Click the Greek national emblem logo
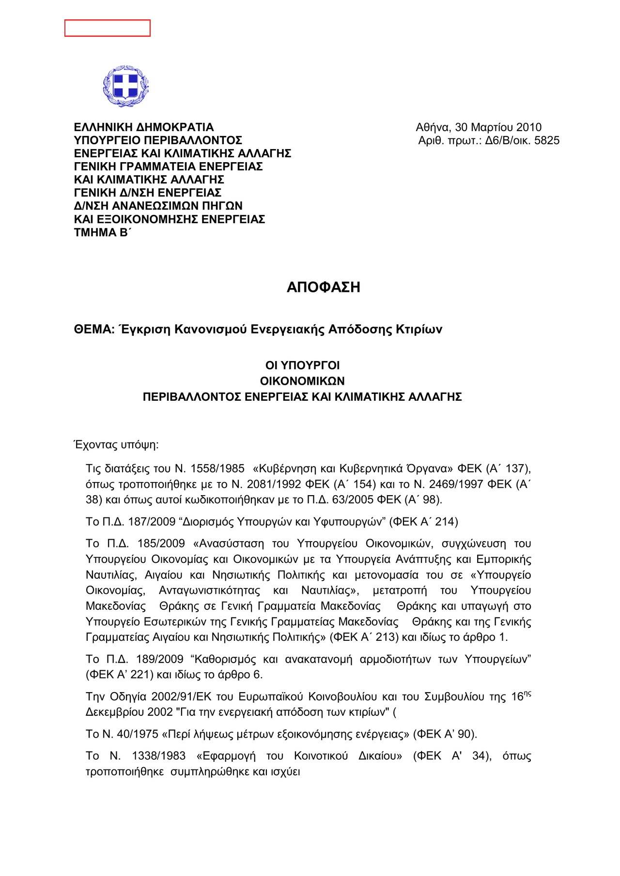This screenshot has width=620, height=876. click(x=126, y=86)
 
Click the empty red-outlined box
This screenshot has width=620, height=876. click(x=108, y=28)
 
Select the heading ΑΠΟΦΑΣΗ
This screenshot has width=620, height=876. click(x=323, y=287)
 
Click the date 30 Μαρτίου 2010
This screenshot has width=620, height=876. click(x=498, y=127)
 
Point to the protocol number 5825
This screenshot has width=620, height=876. click(x=547, y=141)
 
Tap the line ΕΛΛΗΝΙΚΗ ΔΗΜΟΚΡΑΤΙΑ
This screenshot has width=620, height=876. click(x=144, y=127)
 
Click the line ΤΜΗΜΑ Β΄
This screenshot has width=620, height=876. click(x=103, y=232)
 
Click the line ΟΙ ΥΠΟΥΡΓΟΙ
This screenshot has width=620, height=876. click(x=303, y=365)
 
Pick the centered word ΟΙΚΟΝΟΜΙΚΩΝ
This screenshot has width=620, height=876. click(x=303, y=381)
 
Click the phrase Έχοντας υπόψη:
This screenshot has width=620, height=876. click(x=116, y=444)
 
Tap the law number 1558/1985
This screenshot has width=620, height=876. click(x=217, y=468)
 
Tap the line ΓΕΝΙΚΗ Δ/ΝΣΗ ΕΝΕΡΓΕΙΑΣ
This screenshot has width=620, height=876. click(x=148, y=193)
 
